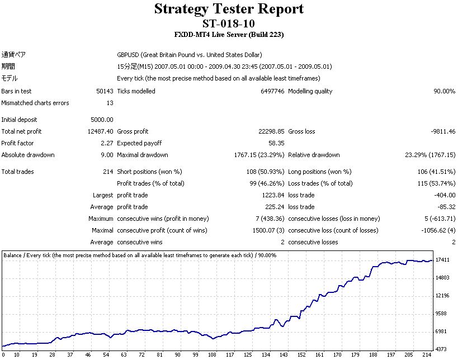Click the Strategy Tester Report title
(x=229, y=9)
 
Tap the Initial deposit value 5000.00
(x=102, y=120)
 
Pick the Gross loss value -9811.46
(x=440, y=131)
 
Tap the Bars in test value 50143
(x=105, y=91)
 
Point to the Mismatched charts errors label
(x=35, y=103)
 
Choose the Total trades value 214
(x=108, y=172)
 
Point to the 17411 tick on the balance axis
(x=443, y=260)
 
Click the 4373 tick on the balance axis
(x=443, y=349)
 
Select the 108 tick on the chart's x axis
(x=212, y=355)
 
